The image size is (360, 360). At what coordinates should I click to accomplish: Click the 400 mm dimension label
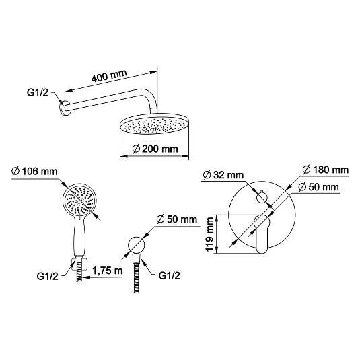[109, 75]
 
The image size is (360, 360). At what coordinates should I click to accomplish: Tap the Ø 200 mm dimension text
[155, 149]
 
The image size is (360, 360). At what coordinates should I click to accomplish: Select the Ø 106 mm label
[34, 172]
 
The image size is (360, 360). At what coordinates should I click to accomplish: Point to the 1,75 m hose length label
[108, 271]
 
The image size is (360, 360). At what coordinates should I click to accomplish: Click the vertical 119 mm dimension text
[210, 234]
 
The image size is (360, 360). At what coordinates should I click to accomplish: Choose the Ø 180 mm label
[326, 170]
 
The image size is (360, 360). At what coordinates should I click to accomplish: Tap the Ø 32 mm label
[223, 175]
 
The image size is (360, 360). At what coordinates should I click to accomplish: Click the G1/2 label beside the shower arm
[38, 93]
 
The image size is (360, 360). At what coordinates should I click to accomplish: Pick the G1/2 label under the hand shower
[47, 276]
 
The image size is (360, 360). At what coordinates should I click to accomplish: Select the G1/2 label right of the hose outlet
[169, 275]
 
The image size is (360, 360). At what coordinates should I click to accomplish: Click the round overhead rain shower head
[155, 124]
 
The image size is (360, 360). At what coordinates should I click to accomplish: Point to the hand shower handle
[79, 236]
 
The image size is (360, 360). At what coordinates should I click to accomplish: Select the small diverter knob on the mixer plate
[262, 197]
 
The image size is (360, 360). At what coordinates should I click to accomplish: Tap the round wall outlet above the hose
[137, 244]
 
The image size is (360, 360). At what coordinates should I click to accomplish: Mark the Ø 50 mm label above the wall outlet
[176, 219]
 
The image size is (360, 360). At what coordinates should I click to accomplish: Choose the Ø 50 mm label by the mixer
[319, 187]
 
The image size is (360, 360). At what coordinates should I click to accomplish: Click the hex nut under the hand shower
[79, 264]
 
